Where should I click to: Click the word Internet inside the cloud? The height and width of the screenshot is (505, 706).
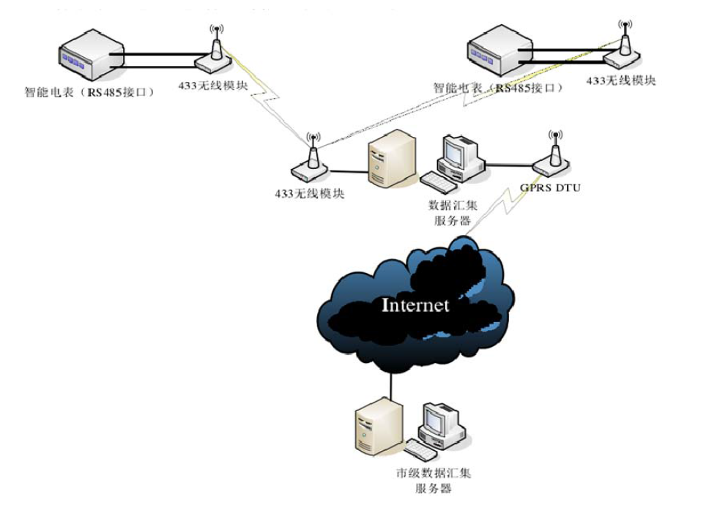click(x=415, y=304)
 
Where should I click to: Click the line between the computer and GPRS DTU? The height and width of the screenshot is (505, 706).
click(x=509, y=165)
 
